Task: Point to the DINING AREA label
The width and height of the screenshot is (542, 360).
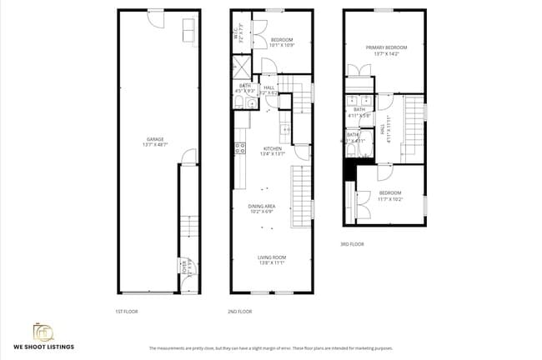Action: pos(261,208)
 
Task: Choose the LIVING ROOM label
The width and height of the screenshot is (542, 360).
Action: pos(271,260)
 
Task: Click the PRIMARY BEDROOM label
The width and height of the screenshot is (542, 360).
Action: pos(383,51)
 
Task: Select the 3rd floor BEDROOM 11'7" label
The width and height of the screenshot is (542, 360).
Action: pos(390,197)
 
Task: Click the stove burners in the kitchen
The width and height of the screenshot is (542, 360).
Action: pos(240,149)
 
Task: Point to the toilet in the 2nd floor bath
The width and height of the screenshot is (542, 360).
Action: pos(238,102)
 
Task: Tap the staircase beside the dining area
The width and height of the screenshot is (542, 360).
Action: pos(300,192)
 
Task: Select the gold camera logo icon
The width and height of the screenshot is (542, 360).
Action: pos(43,332)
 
